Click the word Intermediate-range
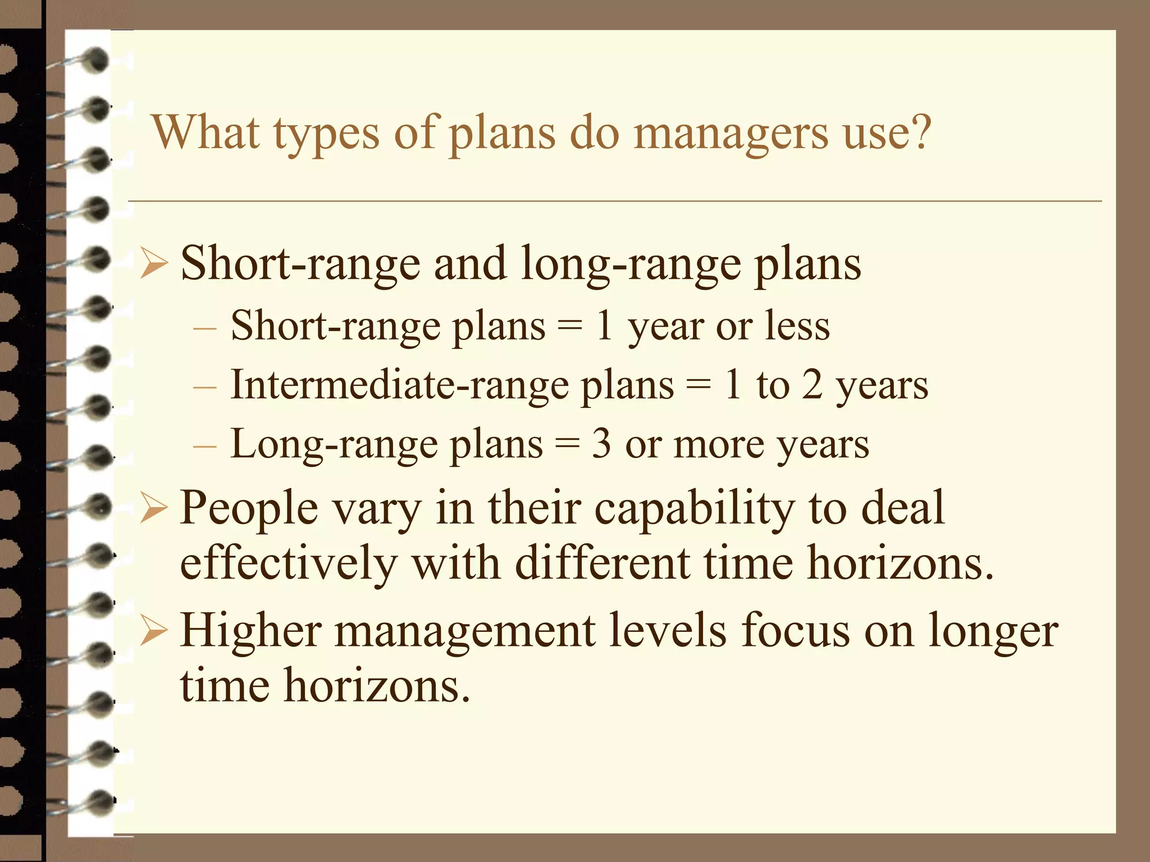click(x=399, y=386)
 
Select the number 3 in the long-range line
click(x=601, y=444)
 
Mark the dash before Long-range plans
click(x=204, y=446)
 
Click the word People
click(x=249, y=508)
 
